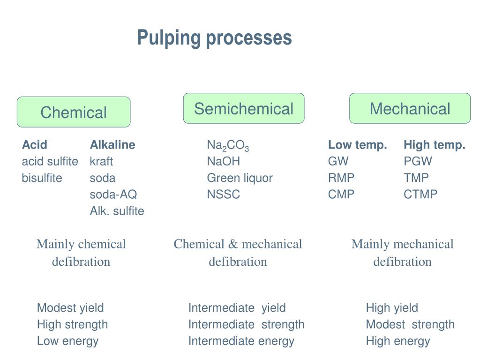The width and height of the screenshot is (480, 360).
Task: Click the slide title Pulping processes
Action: coord(214,37)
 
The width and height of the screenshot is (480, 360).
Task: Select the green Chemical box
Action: coord(74,112)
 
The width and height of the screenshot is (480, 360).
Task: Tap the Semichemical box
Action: coord(244,108)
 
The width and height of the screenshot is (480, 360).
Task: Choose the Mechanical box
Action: coord(410,108)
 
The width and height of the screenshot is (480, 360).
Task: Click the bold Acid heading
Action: coord(35,145)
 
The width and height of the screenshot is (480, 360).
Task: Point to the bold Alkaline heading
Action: coord(112,145)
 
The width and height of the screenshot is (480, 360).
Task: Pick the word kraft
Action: coord(101,161)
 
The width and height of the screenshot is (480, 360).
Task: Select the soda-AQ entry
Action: coord(113,194)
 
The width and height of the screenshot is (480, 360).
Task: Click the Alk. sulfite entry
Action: coord(117,211)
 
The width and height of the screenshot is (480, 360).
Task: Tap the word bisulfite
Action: coord(42,178)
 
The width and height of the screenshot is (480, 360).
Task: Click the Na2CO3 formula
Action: coord(228,146)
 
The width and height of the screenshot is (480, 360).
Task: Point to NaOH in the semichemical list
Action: coord(224,161)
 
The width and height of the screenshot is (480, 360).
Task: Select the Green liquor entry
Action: coord(240,178)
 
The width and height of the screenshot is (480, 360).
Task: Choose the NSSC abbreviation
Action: coord(224,194)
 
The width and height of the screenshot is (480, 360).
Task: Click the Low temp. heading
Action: coord(358,145)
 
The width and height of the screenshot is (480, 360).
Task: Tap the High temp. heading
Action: coord(435,145)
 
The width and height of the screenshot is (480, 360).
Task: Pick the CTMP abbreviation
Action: coord(420,194)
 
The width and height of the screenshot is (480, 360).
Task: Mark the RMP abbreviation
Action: coord(341,178)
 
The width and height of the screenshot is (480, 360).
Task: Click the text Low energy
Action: coord(67,341)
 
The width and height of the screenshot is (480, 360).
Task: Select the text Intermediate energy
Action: coord(241,341)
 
